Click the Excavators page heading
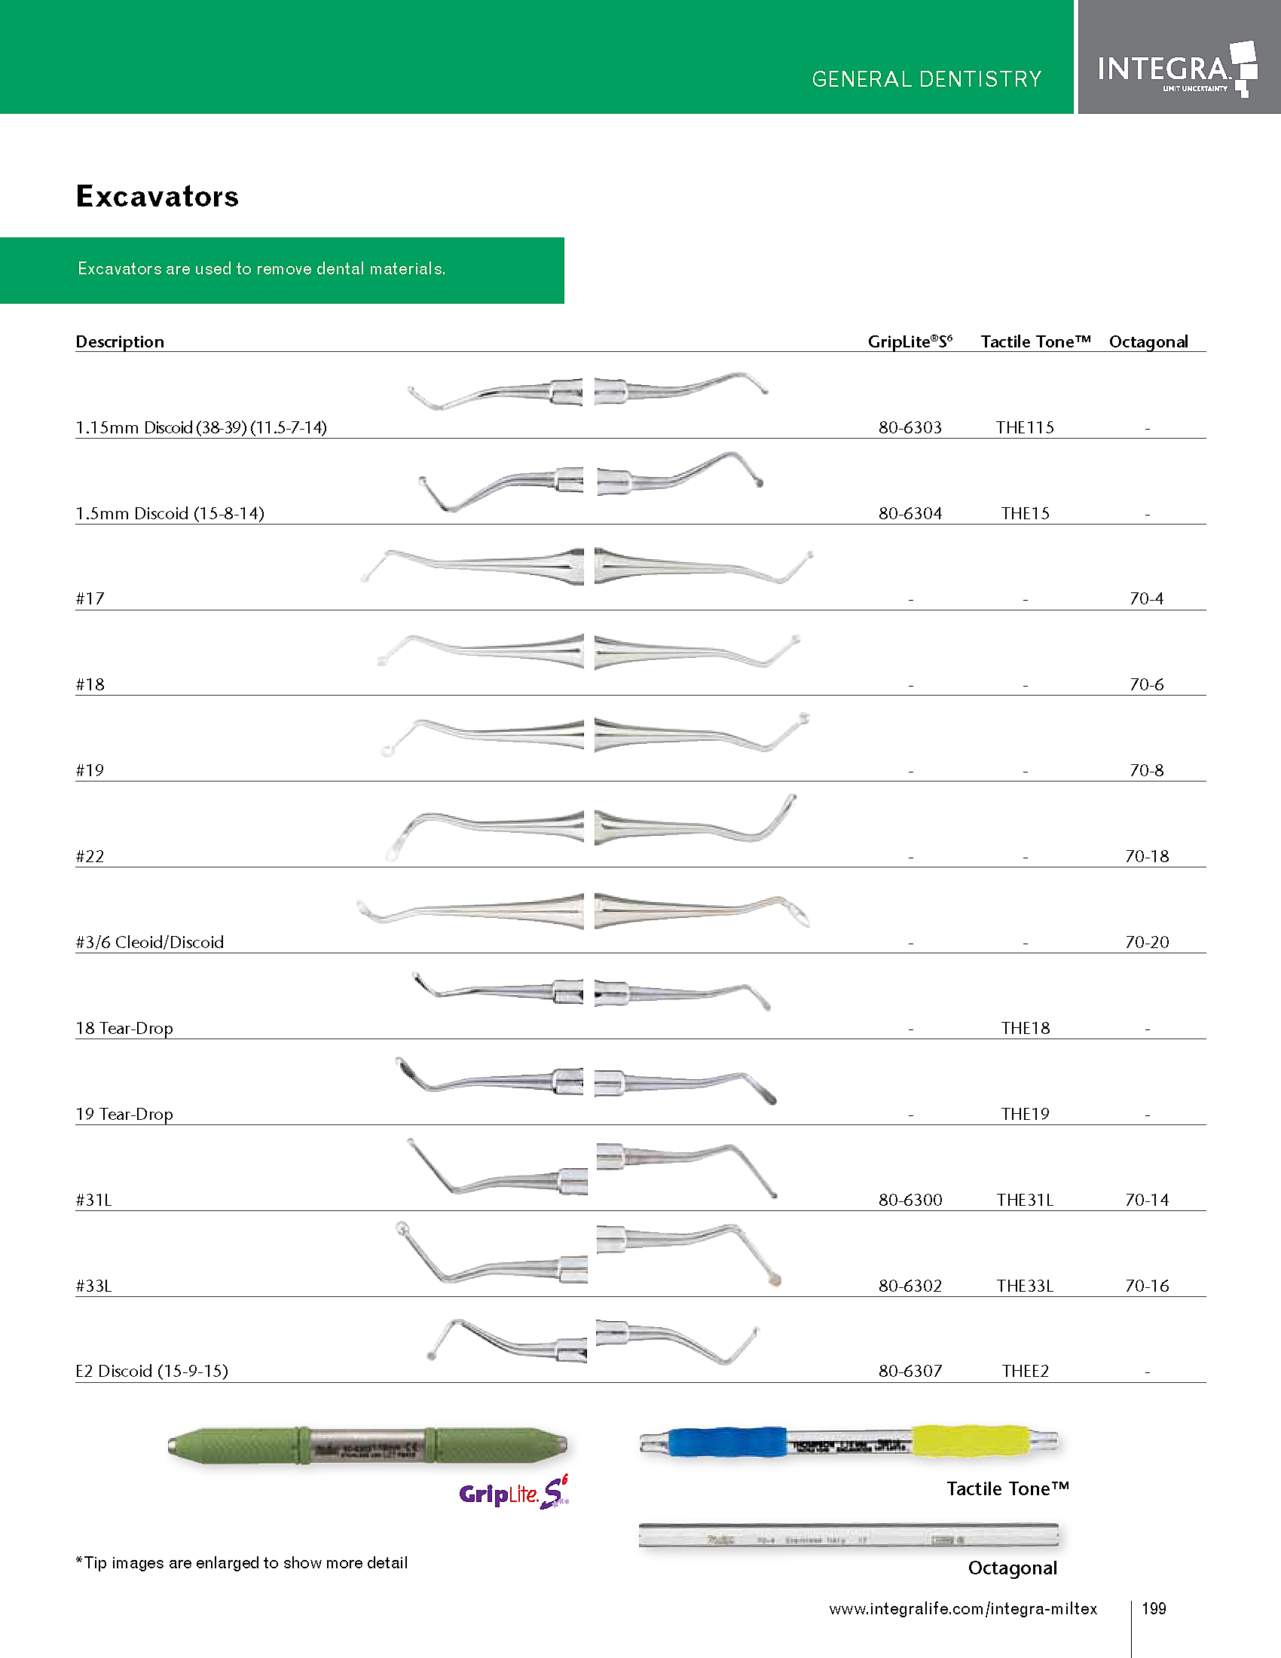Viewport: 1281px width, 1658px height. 157,197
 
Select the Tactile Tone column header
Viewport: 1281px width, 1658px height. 1035,341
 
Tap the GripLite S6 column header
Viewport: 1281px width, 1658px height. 910,341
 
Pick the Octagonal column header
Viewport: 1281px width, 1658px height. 1148,341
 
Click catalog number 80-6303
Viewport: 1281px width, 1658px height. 910,427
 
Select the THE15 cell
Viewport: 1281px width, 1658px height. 1026,513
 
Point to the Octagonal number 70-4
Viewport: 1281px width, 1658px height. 1147,599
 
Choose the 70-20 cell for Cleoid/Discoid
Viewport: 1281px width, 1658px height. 1147,942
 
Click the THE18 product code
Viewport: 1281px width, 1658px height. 1026,1028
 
